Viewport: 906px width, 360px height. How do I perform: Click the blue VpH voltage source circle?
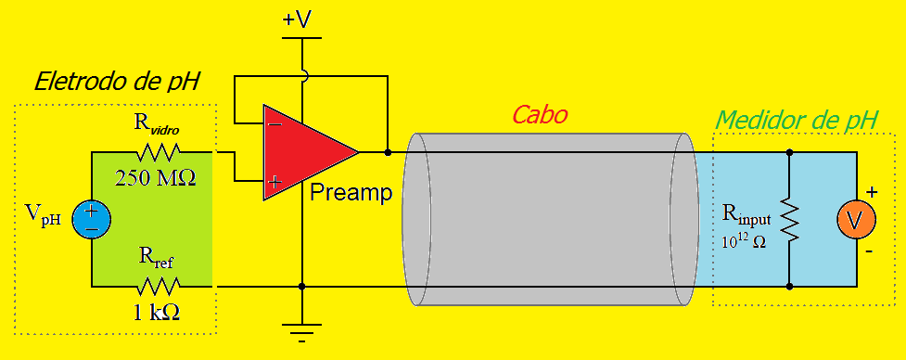pyautogui.click(x=91, y=219)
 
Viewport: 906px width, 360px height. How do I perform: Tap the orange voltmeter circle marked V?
pyautogui.click(x=856, y=219)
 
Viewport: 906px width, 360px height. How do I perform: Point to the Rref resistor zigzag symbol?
pyautogui.click(x=160, y=286)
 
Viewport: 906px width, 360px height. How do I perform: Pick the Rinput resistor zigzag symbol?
pyautogui.click(x=789, y=219)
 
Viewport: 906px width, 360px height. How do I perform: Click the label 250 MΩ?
pyautogui.click(x=156, y=177)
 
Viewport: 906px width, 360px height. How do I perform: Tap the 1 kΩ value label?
pyautogui.click(x=156, y=313)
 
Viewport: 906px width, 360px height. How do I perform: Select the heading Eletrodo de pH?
pyautogui.click(x=117, y=82)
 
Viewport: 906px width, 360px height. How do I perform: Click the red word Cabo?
pyautogui.click(x=540, y=115)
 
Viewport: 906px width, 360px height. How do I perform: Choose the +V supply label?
pyautogui.click(x=300, y=19)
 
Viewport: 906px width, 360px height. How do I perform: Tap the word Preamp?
pyautogui.click(x=351, y=193)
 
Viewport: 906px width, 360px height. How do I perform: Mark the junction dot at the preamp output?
pyautogui.click(x=387, y=150)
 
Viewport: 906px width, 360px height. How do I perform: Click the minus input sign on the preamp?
pyautogui.click(x=274, y=123)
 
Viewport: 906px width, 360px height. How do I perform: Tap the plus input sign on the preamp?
pyautogui.click(x=274, y=182)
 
